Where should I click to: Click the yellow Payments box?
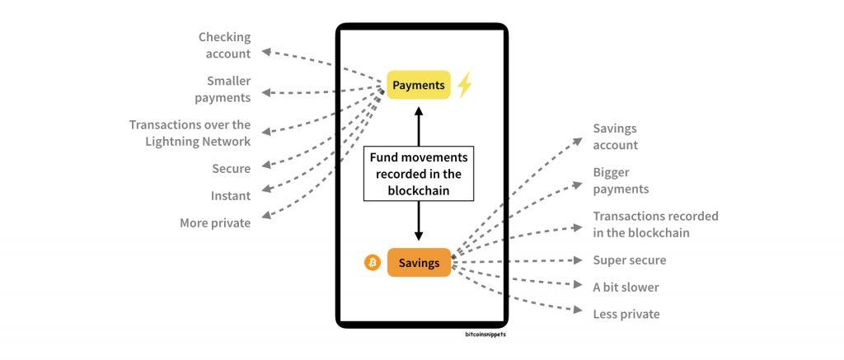(x=419, y=85)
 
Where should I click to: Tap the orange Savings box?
(x=419, y=263)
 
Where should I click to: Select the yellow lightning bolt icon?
(x=464, y=85)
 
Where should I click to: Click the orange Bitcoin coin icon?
(x=373, y=263)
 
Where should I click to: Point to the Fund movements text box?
(x=419, y=173)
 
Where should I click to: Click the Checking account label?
(x=224, y=45)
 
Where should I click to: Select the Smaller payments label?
(x=223, y=89)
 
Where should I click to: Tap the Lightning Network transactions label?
(x=190, y=133)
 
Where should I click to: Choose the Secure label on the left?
(x=231, y=169)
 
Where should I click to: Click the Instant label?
(x=231, y=196)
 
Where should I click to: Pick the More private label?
(x=215, y=222)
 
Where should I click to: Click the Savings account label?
(x=616, y=137)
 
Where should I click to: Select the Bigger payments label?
(x=621, y=180)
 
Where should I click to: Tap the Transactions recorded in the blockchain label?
(x=655, y=224)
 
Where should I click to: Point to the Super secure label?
(x=630, y=260)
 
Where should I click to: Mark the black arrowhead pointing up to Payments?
(x=419, y=110)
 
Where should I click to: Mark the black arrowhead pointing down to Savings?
(x=419, y=236)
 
